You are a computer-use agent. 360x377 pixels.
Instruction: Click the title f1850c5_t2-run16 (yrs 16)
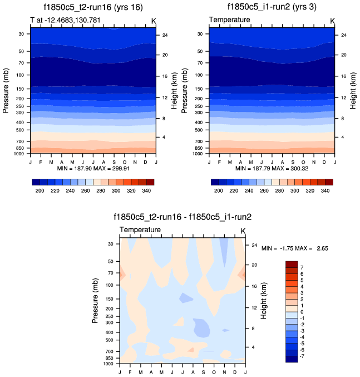[x=92, y=7]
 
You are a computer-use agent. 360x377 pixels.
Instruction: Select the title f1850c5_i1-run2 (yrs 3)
[x=272, y=7]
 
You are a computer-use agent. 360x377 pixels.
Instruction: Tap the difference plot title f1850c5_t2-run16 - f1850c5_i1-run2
[x=182, y=217]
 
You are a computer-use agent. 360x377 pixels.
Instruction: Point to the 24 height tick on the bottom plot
[x=253, y=244]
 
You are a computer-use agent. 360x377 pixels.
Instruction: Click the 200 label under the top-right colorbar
[x=219, y=191]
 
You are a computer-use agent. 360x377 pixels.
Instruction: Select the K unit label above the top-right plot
[x=332, y=21]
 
